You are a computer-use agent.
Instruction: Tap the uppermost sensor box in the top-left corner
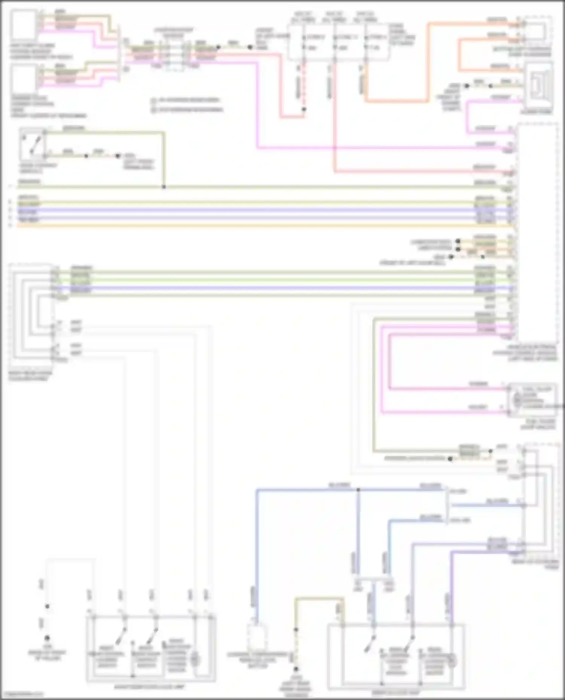[x=23, y=25]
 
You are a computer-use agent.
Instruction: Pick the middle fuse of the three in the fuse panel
[x=334, y=42]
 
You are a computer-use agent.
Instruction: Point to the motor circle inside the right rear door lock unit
[x=195, y=659]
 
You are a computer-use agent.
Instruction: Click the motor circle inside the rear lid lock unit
[x=451, y=661]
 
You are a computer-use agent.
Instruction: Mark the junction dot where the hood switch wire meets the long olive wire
[x=164, y=187]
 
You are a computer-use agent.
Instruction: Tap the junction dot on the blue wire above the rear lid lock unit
[x=358, y=489]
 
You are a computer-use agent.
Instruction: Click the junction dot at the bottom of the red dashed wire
[x=304, y=109]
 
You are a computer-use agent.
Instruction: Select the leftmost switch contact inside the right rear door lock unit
[x=121, y=636]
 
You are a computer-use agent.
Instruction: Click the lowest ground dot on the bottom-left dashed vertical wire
[x=47, y=638]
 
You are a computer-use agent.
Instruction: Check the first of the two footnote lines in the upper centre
[x=186, y=100]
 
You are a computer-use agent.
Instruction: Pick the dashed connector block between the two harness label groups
[x=174, y=56]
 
